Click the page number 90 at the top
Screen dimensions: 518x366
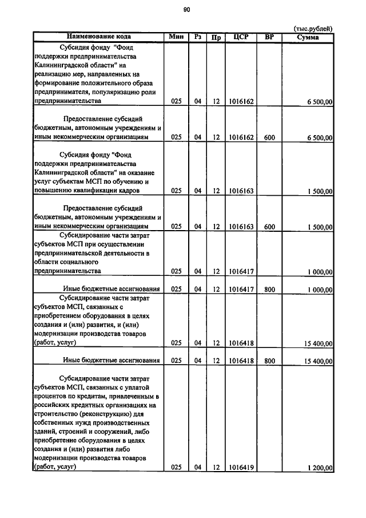186,9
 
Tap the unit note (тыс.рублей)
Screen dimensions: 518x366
313,29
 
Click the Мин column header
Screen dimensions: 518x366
176,37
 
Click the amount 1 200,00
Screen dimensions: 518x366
320,468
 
